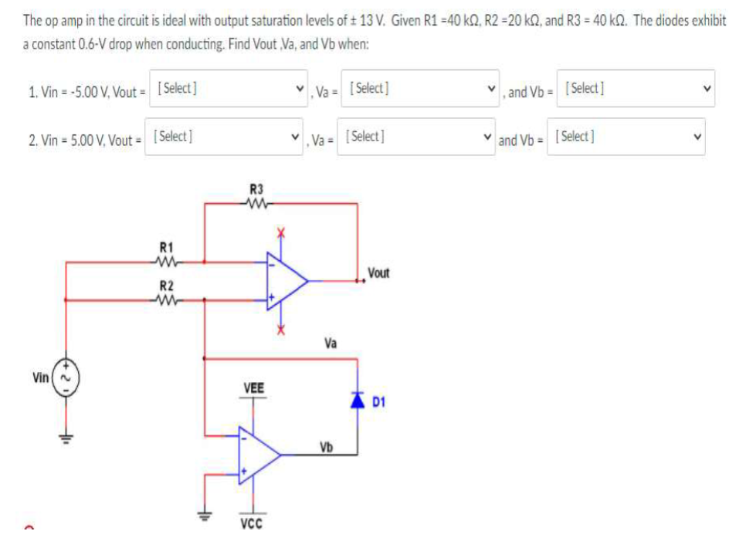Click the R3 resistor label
[x=256, y=188]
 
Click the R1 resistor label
[x=165, y=247]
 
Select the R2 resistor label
[x=165, y=285]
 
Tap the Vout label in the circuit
[x=378, y=272]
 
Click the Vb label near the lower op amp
[x=327, y=447]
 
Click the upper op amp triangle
[x=286, y=280]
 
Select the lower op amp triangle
[x=258, y=455]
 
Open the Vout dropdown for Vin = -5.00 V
[x=230, y=90]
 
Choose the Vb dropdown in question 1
[x=637, y=90]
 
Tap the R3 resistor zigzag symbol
[x=256, y=205]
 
